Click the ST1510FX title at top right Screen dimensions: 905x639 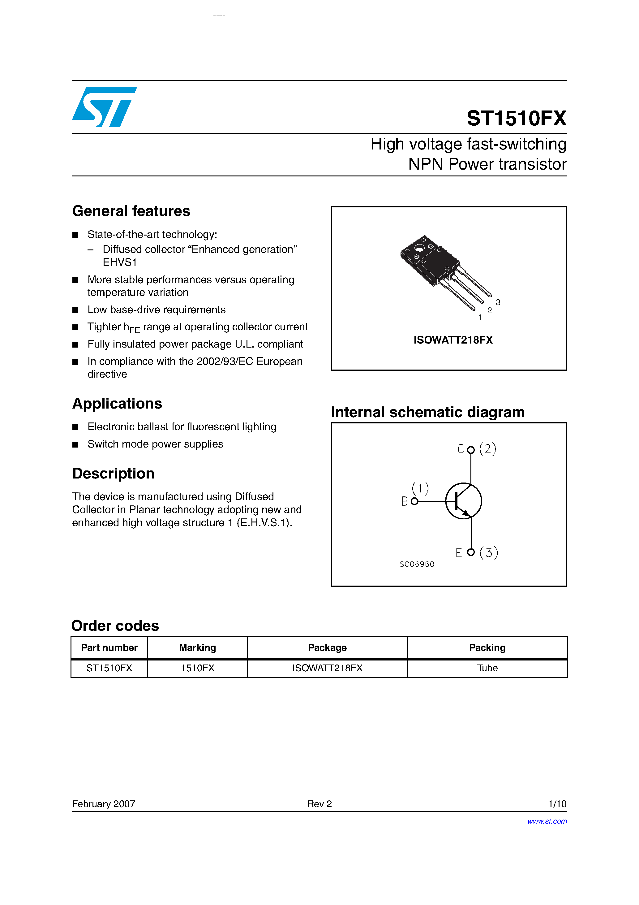point(516,118)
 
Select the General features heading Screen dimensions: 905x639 point(131,211)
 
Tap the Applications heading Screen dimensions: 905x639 point(117,404)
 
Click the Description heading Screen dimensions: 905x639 point(113,473)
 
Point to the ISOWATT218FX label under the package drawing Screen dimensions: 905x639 point(453,340)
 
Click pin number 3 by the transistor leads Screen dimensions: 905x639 point(498,302)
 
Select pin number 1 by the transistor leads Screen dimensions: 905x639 point(479,318)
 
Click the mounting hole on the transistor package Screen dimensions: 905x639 point(419,248)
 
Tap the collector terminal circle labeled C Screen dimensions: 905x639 point(470,450)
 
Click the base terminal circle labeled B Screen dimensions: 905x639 point(414,501)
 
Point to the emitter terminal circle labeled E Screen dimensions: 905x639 point(470,552)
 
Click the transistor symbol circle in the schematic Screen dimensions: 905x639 point(463,501)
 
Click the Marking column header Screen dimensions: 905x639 point(197,647)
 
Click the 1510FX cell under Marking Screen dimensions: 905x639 point(197,668)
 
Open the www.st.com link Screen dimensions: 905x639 point(547,821)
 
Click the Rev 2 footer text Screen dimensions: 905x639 point(319,804)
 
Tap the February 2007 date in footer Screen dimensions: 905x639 point(104,804)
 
